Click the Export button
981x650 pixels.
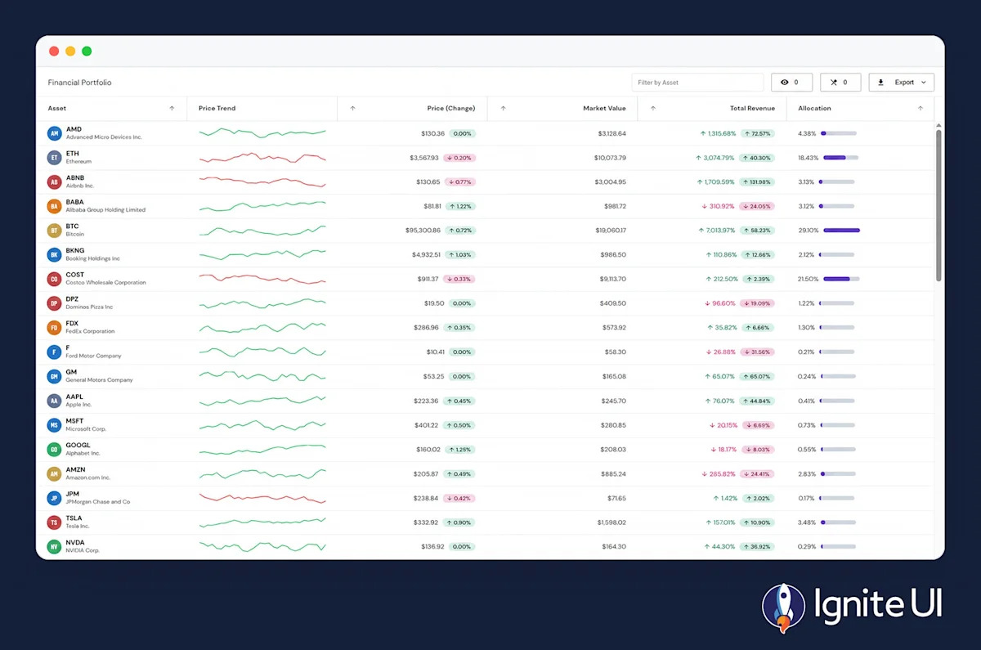point(901,83)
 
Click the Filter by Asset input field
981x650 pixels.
point(697,83)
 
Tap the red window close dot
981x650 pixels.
point(54,52)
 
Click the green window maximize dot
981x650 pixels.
point(87,52)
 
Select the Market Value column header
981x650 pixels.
point(604,108)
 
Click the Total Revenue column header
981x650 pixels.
point(752,108)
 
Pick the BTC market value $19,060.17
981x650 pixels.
point(611,231)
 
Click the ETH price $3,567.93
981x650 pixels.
point(424,158)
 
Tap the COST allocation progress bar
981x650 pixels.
point(841,279)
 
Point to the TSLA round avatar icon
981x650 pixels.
point(54,522)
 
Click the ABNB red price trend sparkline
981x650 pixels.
point(262,182)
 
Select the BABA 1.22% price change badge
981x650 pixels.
point(460,206)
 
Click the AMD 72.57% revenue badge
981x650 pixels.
point(758,133)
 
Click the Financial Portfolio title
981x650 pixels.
point(80,83)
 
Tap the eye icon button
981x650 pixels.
point(791,83)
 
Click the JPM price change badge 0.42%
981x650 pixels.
point(459,499)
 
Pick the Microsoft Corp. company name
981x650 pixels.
point(86,429)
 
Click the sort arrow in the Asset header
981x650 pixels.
point(172,108)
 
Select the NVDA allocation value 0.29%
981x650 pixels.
point(807,547)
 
